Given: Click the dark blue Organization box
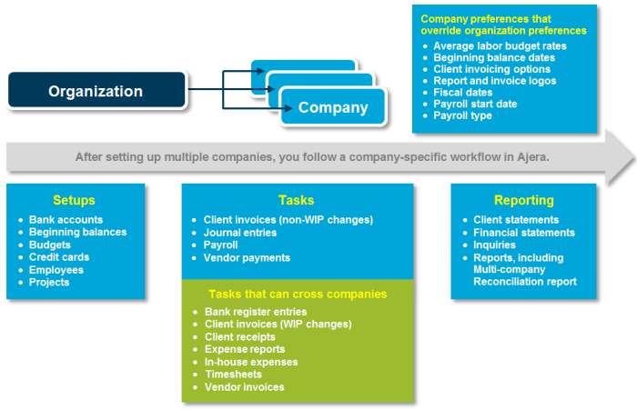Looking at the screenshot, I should coord(96,91).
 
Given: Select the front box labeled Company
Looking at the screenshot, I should coord(333,107).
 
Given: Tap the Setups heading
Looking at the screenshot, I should coord(74,200).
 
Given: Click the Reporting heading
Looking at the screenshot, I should coord(524,200).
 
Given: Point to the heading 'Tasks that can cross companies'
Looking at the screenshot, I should coord(284,294).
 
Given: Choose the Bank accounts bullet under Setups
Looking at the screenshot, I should coord(66,220).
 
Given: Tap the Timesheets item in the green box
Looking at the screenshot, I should coord(233,375).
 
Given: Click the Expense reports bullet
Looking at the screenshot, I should coord(245,349).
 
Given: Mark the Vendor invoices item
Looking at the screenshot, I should coord(244,387).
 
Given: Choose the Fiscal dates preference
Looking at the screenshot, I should coord(463,92).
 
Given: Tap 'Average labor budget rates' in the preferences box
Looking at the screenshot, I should coord(500,45).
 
